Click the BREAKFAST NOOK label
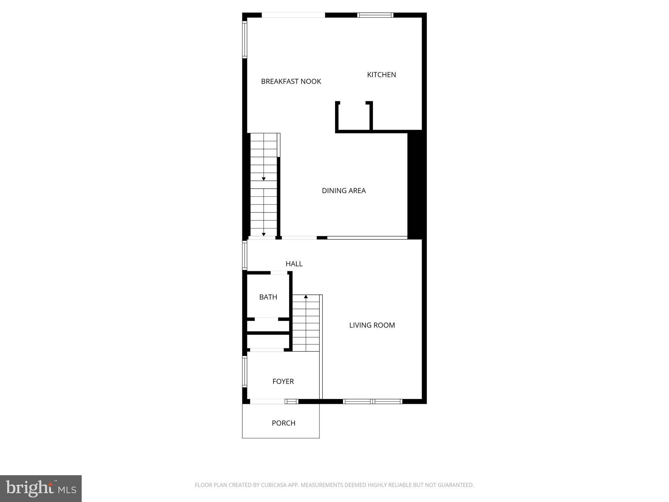coord(291,81)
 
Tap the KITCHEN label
coord(381,75)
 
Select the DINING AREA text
coord(344,191)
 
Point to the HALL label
coord(294,264)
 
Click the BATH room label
coord(268,297)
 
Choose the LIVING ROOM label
coord(372,325)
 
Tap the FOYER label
coord(283,381)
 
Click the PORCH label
coord(283,423)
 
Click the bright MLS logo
coord(41,488)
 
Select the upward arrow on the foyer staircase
coord(306,297)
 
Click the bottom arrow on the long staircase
coord(264,234)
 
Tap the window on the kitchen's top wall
coord(375,15)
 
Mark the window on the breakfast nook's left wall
coord(244,40)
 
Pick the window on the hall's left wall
coord(244,256)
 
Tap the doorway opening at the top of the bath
coord(279,273)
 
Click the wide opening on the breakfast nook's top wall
coord(293,15)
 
